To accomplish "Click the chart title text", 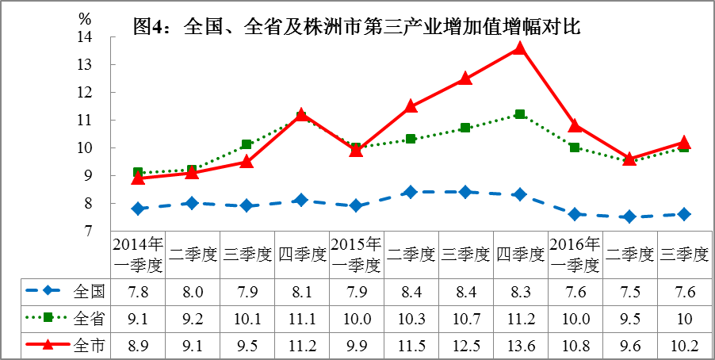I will [x=358, y=26].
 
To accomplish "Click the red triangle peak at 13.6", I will [x=520, y=48].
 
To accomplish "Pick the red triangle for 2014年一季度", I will [x=138, y=178].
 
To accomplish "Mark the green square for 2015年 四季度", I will [x=520, y=114].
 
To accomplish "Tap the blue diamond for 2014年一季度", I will [x=138, y=209].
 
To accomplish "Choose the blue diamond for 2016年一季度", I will [x=575, y=214].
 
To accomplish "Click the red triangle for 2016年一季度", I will [x=575, y=125].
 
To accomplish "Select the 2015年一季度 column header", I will [x=356, y=253].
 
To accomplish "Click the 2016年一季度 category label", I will [x=575, y=253].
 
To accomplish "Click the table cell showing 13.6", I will [x=520, y=345].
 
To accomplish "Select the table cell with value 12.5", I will [x=465, y=345].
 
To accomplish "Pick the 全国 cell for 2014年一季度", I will [x=138, y=291].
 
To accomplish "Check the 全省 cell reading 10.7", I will [x=465, y=318].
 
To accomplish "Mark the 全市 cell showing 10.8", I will [x=575, y=345].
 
